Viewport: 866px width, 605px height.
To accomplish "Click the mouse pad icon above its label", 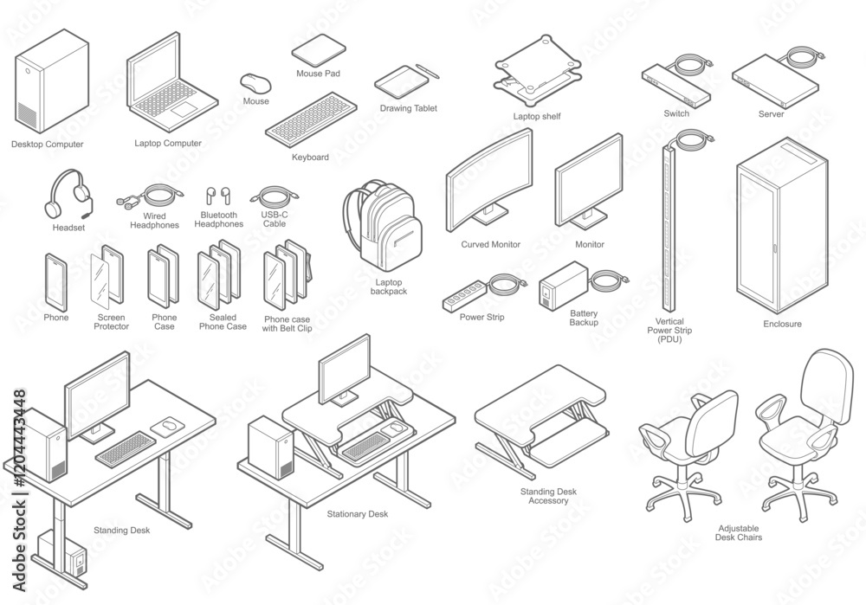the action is click(319, 51).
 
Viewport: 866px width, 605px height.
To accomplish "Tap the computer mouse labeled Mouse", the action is click(255, 83).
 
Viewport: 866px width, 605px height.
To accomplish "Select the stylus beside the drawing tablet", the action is click(428, 70).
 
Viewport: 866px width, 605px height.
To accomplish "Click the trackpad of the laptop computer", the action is click(184, 109).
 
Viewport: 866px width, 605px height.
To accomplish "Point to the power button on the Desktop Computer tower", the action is click(29, 71).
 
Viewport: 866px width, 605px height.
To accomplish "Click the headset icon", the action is click(68, 194).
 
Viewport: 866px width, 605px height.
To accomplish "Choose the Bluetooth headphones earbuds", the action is click(218, 196).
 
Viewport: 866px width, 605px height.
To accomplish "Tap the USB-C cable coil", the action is click(275, 195).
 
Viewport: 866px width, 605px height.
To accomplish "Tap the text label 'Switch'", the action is click(676, 113).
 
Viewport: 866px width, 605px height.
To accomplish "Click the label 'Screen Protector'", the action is click(111, 322).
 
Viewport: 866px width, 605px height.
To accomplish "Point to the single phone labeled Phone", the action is click(55, 281).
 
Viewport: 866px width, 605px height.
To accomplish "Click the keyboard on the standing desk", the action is click(126, 447).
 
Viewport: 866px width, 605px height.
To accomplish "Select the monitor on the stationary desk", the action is click(344, 370).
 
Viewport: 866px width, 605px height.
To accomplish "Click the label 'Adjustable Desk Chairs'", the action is click(739, 532).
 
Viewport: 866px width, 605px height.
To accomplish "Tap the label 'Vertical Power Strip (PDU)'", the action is click(669, 330).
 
